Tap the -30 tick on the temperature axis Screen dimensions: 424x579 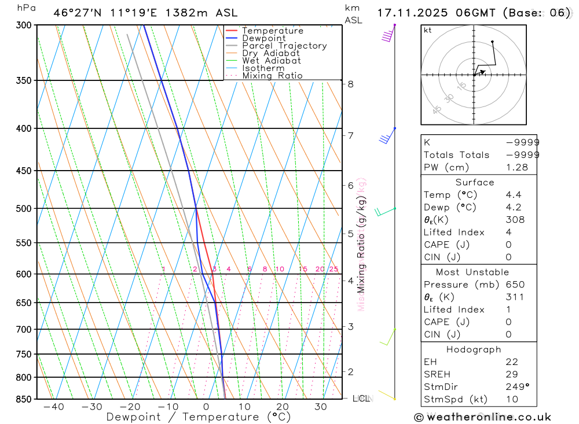[x=91, y=407]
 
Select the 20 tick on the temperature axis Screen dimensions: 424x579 [x=282, y=407]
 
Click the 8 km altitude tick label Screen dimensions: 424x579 [x=351, y=84]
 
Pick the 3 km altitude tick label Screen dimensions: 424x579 [x=351, y=327]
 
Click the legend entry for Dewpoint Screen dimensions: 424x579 [x=263, y=38]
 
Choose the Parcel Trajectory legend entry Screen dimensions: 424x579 [x=284, y=46]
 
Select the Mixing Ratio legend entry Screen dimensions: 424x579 [x=272, y=76]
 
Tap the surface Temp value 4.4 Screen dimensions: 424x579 [x=513, y=195]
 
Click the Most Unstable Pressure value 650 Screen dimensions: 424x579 [x=515, y=285]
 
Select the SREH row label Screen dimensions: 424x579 [x=437, y=374]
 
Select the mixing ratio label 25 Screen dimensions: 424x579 [x=334, y=269]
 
